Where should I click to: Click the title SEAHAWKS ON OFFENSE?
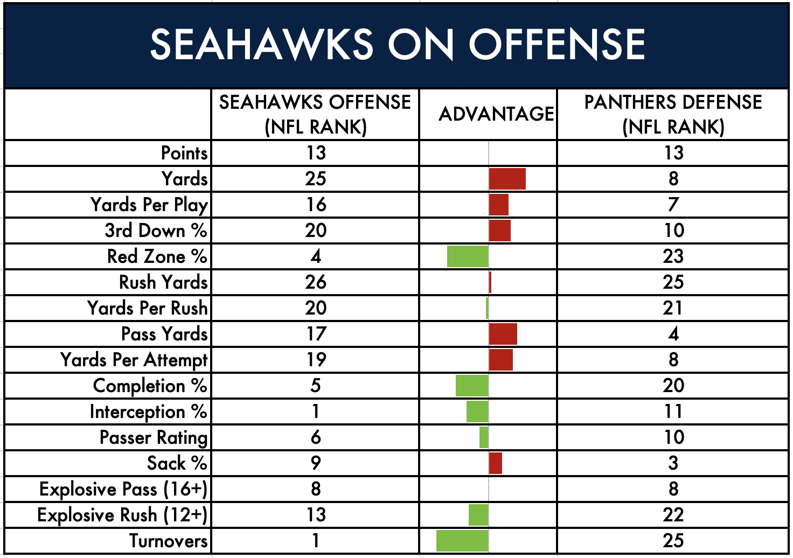tap(397, 45)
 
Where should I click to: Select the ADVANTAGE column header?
tap(496, 114)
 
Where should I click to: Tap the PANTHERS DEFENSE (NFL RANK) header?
tap(673, 114)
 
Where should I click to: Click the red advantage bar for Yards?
tap(507, 179)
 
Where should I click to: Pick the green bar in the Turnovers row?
tap(462, 541)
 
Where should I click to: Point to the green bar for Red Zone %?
tap(468, 256)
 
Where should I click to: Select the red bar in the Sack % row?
tap(496, 463)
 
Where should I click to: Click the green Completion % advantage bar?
tap(472, 386)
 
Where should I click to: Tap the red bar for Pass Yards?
tap(503, 334)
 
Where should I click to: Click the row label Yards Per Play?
tap(149, 205)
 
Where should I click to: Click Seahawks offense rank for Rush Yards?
tap(316, 282)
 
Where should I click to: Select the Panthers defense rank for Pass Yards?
tap(673, 334)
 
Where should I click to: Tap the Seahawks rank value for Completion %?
tap(316, 386)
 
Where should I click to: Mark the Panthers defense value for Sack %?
tap(673, 463)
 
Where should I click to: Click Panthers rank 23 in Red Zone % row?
tap(673, 256)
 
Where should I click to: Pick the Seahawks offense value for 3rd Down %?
tap(316, 231)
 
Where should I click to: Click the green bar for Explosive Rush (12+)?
tap(478, 515)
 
